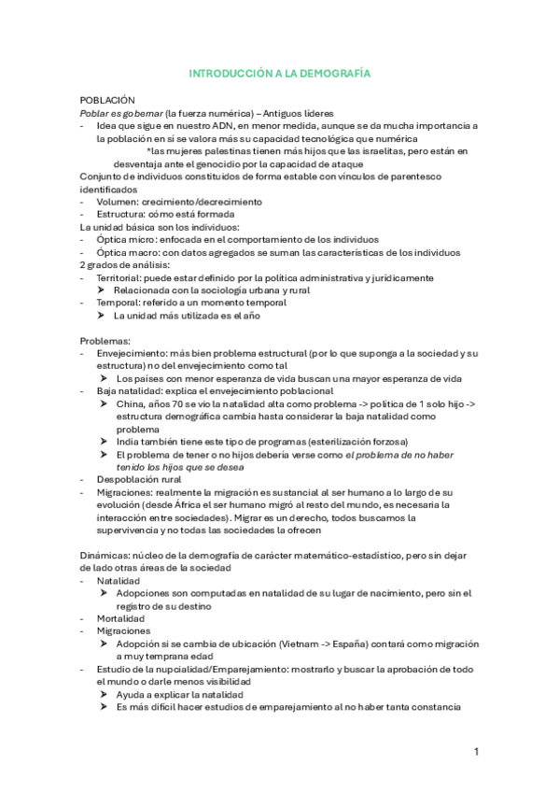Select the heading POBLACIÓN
click(107, 99)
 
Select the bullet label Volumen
click(118, 201)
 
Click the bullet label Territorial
click(120, 277)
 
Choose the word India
click(130, 441)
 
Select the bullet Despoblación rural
click(141, 479)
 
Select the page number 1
click(475, 751)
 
